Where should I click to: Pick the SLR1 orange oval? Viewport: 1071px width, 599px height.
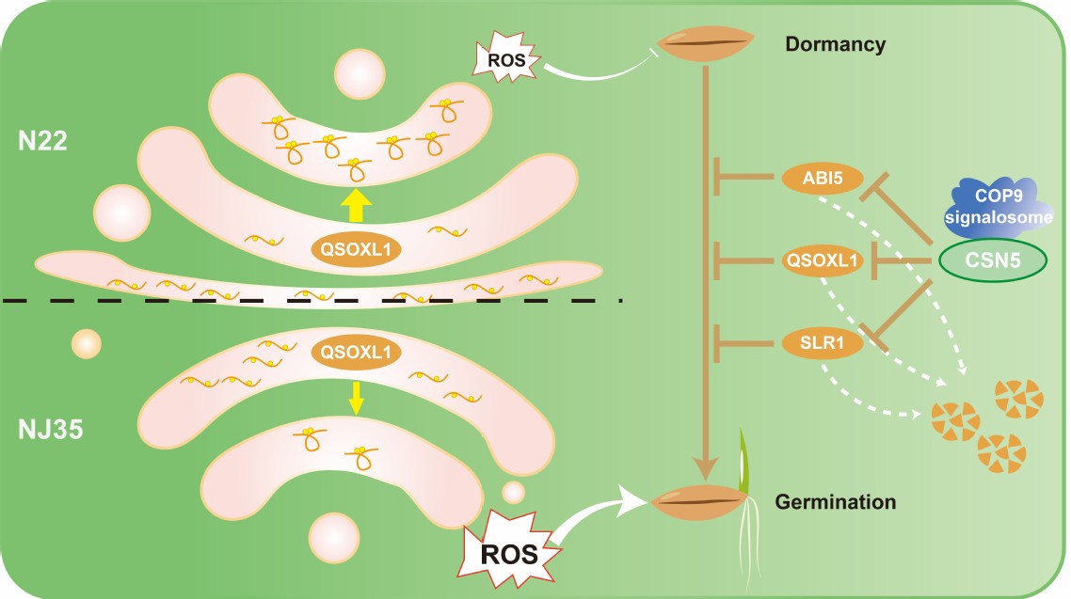coord(823,343)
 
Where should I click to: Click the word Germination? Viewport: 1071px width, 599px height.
coord(835,502)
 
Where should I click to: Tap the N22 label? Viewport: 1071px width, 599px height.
coord(45,143)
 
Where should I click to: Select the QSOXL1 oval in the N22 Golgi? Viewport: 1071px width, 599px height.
coord(355,249)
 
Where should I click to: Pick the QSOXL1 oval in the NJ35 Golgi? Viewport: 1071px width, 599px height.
coord(355,352)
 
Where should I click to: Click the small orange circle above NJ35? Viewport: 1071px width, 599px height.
coord(86,343)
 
